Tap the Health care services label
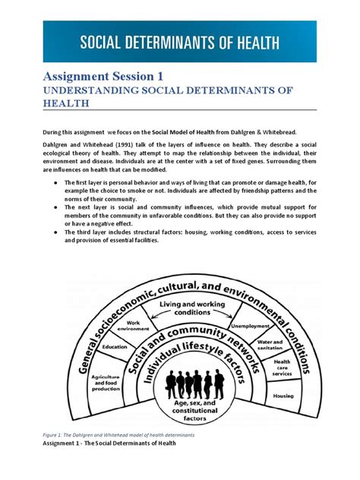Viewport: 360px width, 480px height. pos(282,368)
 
